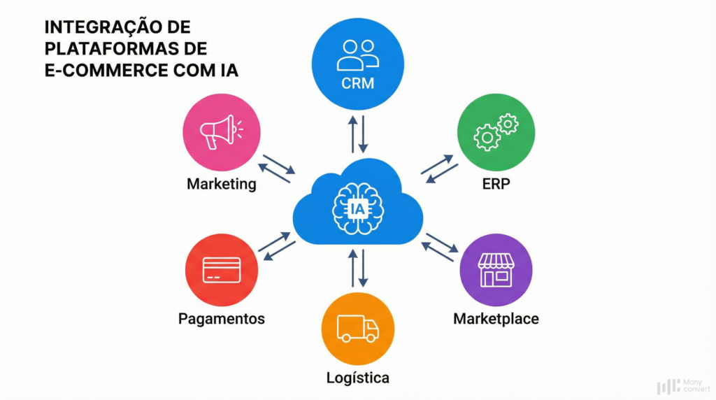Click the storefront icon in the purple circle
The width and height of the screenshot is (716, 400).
(496, 269)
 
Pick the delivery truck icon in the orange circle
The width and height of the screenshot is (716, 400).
(357, 328)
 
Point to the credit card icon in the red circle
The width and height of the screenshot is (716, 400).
(221, 270)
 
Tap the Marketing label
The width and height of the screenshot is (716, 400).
(221, 185)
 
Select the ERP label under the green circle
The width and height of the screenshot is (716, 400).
(496, 185)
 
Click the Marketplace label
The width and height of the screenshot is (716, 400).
(496, 319)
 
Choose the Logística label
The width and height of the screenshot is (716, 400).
(357, 378)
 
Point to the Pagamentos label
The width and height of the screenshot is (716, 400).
(221, 319)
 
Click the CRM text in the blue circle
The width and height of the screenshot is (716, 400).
(357, 84)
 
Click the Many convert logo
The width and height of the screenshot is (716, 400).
(680, 385)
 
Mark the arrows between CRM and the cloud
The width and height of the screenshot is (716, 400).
(357, 134)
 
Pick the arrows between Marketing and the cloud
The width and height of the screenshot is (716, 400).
(276, 169)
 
